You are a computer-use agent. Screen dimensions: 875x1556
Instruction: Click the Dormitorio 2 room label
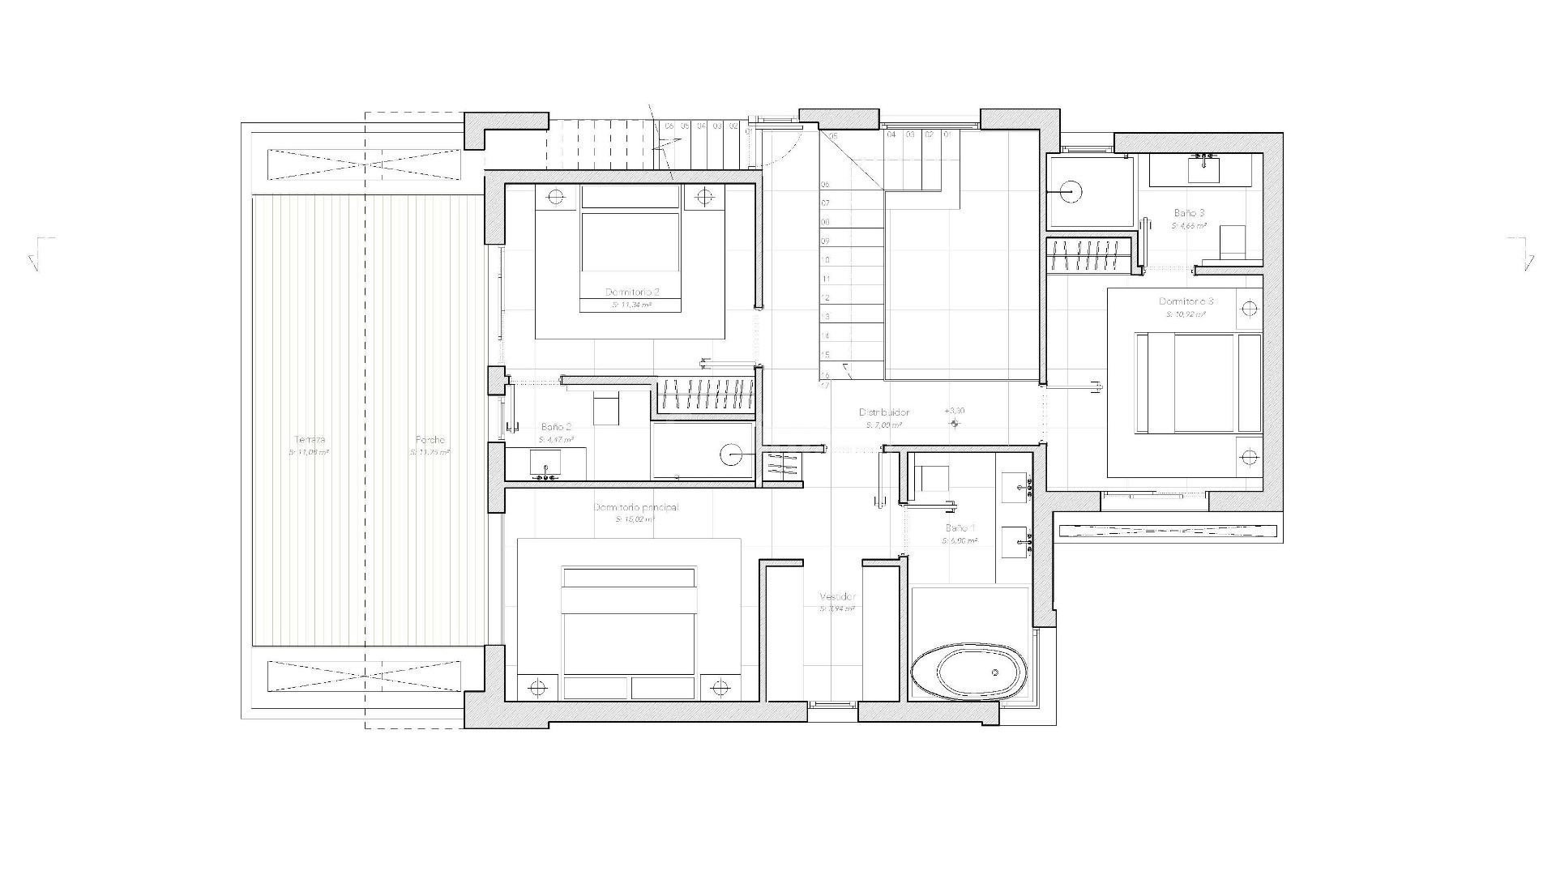(x=632, y=292)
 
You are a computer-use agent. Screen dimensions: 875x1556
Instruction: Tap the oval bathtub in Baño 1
(x=968, y=672)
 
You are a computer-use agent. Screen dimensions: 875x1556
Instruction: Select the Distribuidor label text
(x=884, y=412)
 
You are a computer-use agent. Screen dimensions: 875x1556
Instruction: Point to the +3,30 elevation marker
(x=955, y=412)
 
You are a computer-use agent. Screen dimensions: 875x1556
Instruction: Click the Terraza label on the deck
(x=310, y=439)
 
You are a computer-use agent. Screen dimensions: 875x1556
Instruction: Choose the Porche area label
(x=430, y=440)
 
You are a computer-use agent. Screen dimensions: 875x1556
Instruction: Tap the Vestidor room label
(x=837, y=596)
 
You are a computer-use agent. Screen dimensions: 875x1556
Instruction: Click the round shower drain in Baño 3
(x=1069, y=192)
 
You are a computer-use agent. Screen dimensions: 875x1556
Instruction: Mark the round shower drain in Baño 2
(x=732, y=455)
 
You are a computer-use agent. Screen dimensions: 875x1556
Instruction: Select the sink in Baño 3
(x=1203, y=169)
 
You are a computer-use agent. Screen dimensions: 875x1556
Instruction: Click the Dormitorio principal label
(x=636, y=507)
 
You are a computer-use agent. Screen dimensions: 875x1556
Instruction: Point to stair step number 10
(x=826, y=260)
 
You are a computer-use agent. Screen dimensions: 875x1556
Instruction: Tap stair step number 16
(x=826, y=374)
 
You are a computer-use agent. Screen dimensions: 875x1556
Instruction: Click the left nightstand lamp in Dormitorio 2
(x=557, y=197)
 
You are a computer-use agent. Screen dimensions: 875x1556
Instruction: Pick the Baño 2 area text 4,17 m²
(x=555, y=440)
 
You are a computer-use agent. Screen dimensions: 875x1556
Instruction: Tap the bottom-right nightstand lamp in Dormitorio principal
(x=718, y=688)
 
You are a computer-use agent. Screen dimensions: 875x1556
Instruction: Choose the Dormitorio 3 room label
(x=1186, y=301)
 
